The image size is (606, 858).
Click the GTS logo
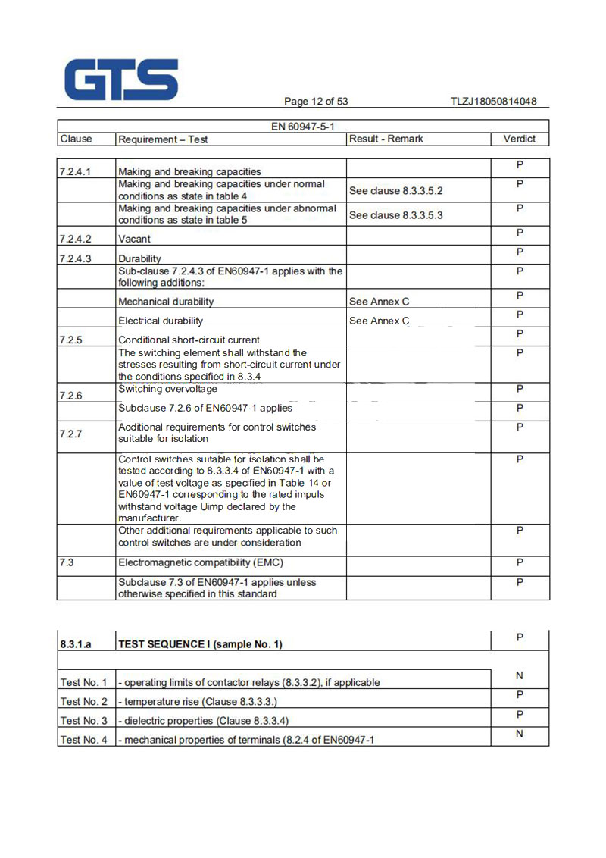(x=121, y=80)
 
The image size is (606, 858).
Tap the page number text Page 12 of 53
(x=316, y=102)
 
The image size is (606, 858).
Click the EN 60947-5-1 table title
(x=303, y=126)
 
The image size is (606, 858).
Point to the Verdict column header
(x=519, y=139)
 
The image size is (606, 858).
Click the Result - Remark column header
(x=386, y=139)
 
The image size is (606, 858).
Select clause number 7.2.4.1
(x=75, y=171)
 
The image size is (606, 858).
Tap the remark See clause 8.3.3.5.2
(x=395, y=191)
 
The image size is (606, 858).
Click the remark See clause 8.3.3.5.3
(x=395, y=215)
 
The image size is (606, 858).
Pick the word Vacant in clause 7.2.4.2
(x=134, y=239)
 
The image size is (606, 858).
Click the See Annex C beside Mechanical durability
(x=379, y=302)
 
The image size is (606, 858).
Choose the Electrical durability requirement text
(x=161, y=321)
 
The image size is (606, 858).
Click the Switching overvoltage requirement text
(x=167, y=389)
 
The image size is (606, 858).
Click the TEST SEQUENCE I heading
(x=200, y=644)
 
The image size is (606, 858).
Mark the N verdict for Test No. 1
(x=520, y=675)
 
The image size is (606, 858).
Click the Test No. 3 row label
(x=83, y=720)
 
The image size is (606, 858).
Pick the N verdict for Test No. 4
(x=520, y=734)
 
